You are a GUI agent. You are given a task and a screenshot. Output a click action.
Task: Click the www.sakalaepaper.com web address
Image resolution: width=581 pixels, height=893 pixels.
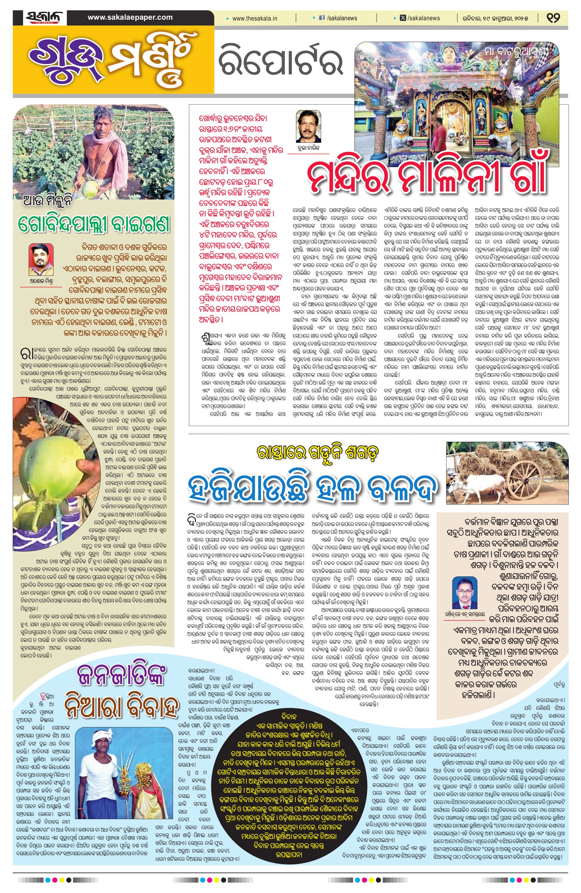(x=130, y=17)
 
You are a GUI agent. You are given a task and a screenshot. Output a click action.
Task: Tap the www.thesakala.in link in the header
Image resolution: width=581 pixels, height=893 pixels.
(x=255, y=18)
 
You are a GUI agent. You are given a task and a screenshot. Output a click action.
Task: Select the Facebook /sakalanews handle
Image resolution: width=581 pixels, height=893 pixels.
(x=337, y=18)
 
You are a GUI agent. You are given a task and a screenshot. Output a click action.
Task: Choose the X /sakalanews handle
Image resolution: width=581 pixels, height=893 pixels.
(x=420, y=18)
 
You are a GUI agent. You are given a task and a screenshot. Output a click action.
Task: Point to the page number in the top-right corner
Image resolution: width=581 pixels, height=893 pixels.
(x=553, y=18)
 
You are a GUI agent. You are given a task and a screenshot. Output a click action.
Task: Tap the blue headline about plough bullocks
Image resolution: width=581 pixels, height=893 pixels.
(x=313, y=486)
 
